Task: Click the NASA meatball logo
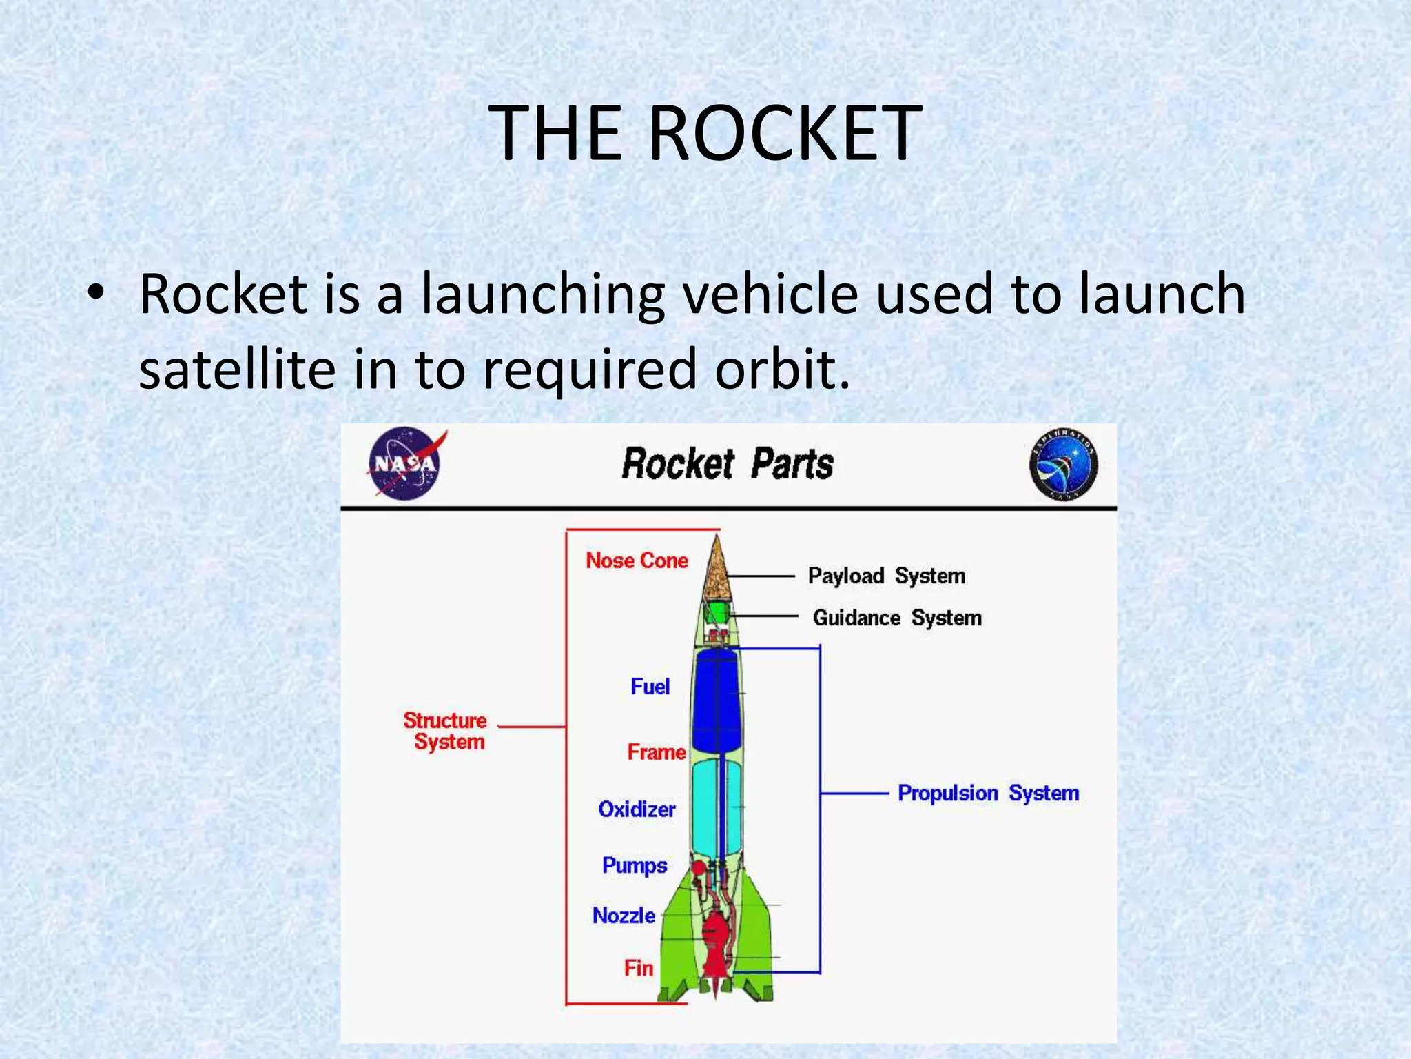click(x=404, y=463)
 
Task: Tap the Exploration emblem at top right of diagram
click(x=1063, y=464)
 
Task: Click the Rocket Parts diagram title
click(x=727, y=463)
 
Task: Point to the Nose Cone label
click(x=637, y=561)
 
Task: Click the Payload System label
click(x=886, y=576)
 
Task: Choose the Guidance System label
click(x=896, y=618)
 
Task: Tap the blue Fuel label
click(x=650, y=687)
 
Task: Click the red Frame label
click(x=656, y=752)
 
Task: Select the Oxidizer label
click(x=637, y=809)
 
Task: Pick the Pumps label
click(x=635, y=866)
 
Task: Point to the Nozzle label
click(x=624, y=916)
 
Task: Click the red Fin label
click(x=639, y=968)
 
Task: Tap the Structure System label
click(x=446, y=731)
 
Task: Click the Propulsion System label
click(x=988, y=794)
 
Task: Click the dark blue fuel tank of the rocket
click(x=717, y=700)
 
